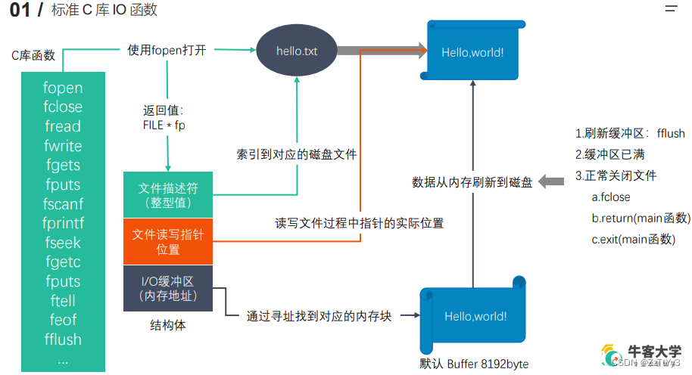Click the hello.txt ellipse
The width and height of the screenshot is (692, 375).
(x=297, y=51)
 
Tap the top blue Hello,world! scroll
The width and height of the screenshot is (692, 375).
(x=472, y=51)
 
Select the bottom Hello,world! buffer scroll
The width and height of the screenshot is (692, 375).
(x=475, y=316)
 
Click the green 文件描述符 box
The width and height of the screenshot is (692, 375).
(x=168, y=194)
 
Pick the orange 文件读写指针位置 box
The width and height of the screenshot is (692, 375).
(x=168, y=241)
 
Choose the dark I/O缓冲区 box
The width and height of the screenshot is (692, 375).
(x=168, y=288)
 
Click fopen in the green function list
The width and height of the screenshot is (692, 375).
(x=63, y=88)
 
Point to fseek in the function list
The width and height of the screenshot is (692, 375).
(x=63, y=243)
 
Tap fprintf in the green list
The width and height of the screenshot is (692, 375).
(x=63, y=223)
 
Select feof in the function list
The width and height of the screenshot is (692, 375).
(x=63, y=320)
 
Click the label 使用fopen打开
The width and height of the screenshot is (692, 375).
(x=166, y=51)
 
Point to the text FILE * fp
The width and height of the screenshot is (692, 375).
(x=164, y=126)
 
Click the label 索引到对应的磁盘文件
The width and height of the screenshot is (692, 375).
(x=296, y=154)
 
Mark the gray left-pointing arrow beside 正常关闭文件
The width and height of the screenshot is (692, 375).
(x=553, y=181)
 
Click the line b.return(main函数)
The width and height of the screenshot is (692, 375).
(x=641, y=218)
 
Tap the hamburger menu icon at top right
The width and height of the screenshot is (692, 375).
(x=671, y=9)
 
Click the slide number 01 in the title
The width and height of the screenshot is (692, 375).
(x=20, y=11)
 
